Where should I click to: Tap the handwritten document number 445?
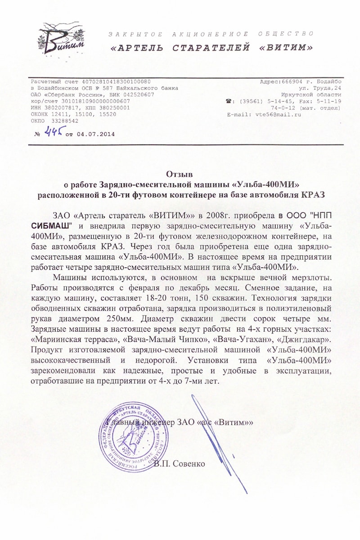pyautogui.click(x=54, y=132)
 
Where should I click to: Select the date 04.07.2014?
pyautogui.click(x=95, y=134)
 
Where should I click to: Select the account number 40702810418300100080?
pyautogui.click(x=116, y=81)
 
